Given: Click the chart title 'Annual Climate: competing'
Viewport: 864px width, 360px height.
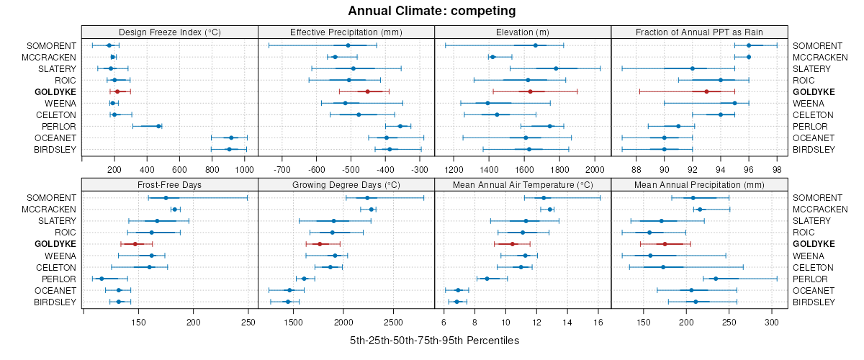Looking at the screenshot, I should [x=432, y=11].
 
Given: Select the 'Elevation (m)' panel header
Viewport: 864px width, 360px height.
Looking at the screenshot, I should [x=523, y=32].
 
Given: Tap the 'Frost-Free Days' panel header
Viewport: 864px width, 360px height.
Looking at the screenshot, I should [x=169, y=184].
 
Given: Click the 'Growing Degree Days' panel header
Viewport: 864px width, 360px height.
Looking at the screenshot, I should [x=346, y=184].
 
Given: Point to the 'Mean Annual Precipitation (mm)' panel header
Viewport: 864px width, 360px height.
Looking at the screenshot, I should [x=699, y=184].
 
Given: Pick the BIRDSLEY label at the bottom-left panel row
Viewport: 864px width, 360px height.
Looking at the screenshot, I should [x=55, y=302].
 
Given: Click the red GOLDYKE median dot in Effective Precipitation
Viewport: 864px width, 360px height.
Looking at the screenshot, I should [x=367, y=91].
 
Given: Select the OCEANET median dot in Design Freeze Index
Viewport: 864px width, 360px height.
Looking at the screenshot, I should [x=231, y=138].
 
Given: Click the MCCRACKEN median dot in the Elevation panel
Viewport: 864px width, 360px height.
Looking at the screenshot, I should [x=492, y=57].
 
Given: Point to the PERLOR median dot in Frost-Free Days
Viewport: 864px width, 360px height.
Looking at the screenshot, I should [x=102, y=279].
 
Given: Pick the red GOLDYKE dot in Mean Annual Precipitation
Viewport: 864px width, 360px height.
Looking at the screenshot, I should [x=665, y=244].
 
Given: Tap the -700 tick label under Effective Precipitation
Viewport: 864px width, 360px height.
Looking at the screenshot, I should [x=282, y=169].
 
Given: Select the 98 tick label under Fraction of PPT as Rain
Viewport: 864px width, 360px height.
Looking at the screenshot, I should [x=777, y=169].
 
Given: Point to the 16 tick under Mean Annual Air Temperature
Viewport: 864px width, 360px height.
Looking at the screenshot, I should [x=598, y=322].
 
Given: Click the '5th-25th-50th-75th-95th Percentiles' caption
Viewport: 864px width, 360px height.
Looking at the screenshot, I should [x=434, y=340].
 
